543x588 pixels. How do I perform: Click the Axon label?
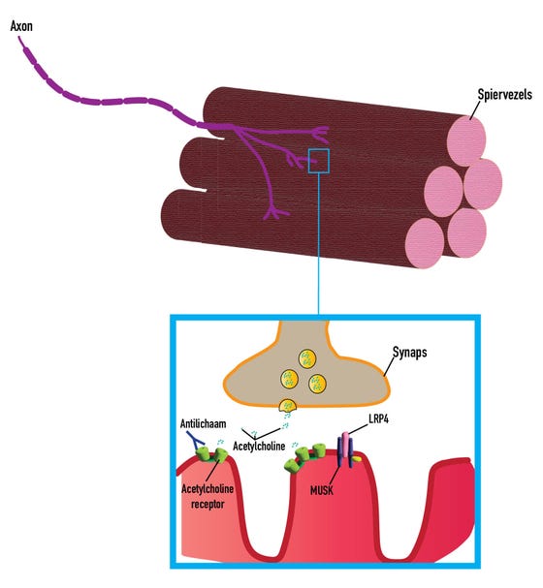click(x=21, y=26)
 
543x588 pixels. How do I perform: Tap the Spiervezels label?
click(x=504, y=94)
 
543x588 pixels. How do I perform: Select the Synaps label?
click(x=409, y=353)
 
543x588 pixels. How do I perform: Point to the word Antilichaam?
click(x=203, y=423)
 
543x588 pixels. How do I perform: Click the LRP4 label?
click(x=378, y=418)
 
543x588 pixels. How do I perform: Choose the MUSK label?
click(x=322, y=490)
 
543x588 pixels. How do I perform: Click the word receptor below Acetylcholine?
click(x=208, y=504)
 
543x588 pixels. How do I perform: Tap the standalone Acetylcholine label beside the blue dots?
click(x=259, y=446)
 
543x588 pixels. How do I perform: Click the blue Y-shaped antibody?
click(x=195, y=440)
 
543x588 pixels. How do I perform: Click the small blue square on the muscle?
click(x=319, y=161)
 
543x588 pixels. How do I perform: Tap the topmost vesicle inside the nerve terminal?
click(x=307, y=358)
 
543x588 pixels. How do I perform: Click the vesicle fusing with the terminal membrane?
click(x=287, y=405)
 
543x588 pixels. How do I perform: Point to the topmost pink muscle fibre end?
click(x=466, y=140)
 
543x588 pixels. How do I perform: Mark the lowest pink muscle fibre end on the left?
click(x=425, y=243)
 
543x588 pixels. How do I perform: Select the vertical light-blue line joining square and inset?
click(x=319, y=244)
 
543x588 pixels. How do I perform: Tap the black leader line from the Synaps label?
click(x=389, y=365)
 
